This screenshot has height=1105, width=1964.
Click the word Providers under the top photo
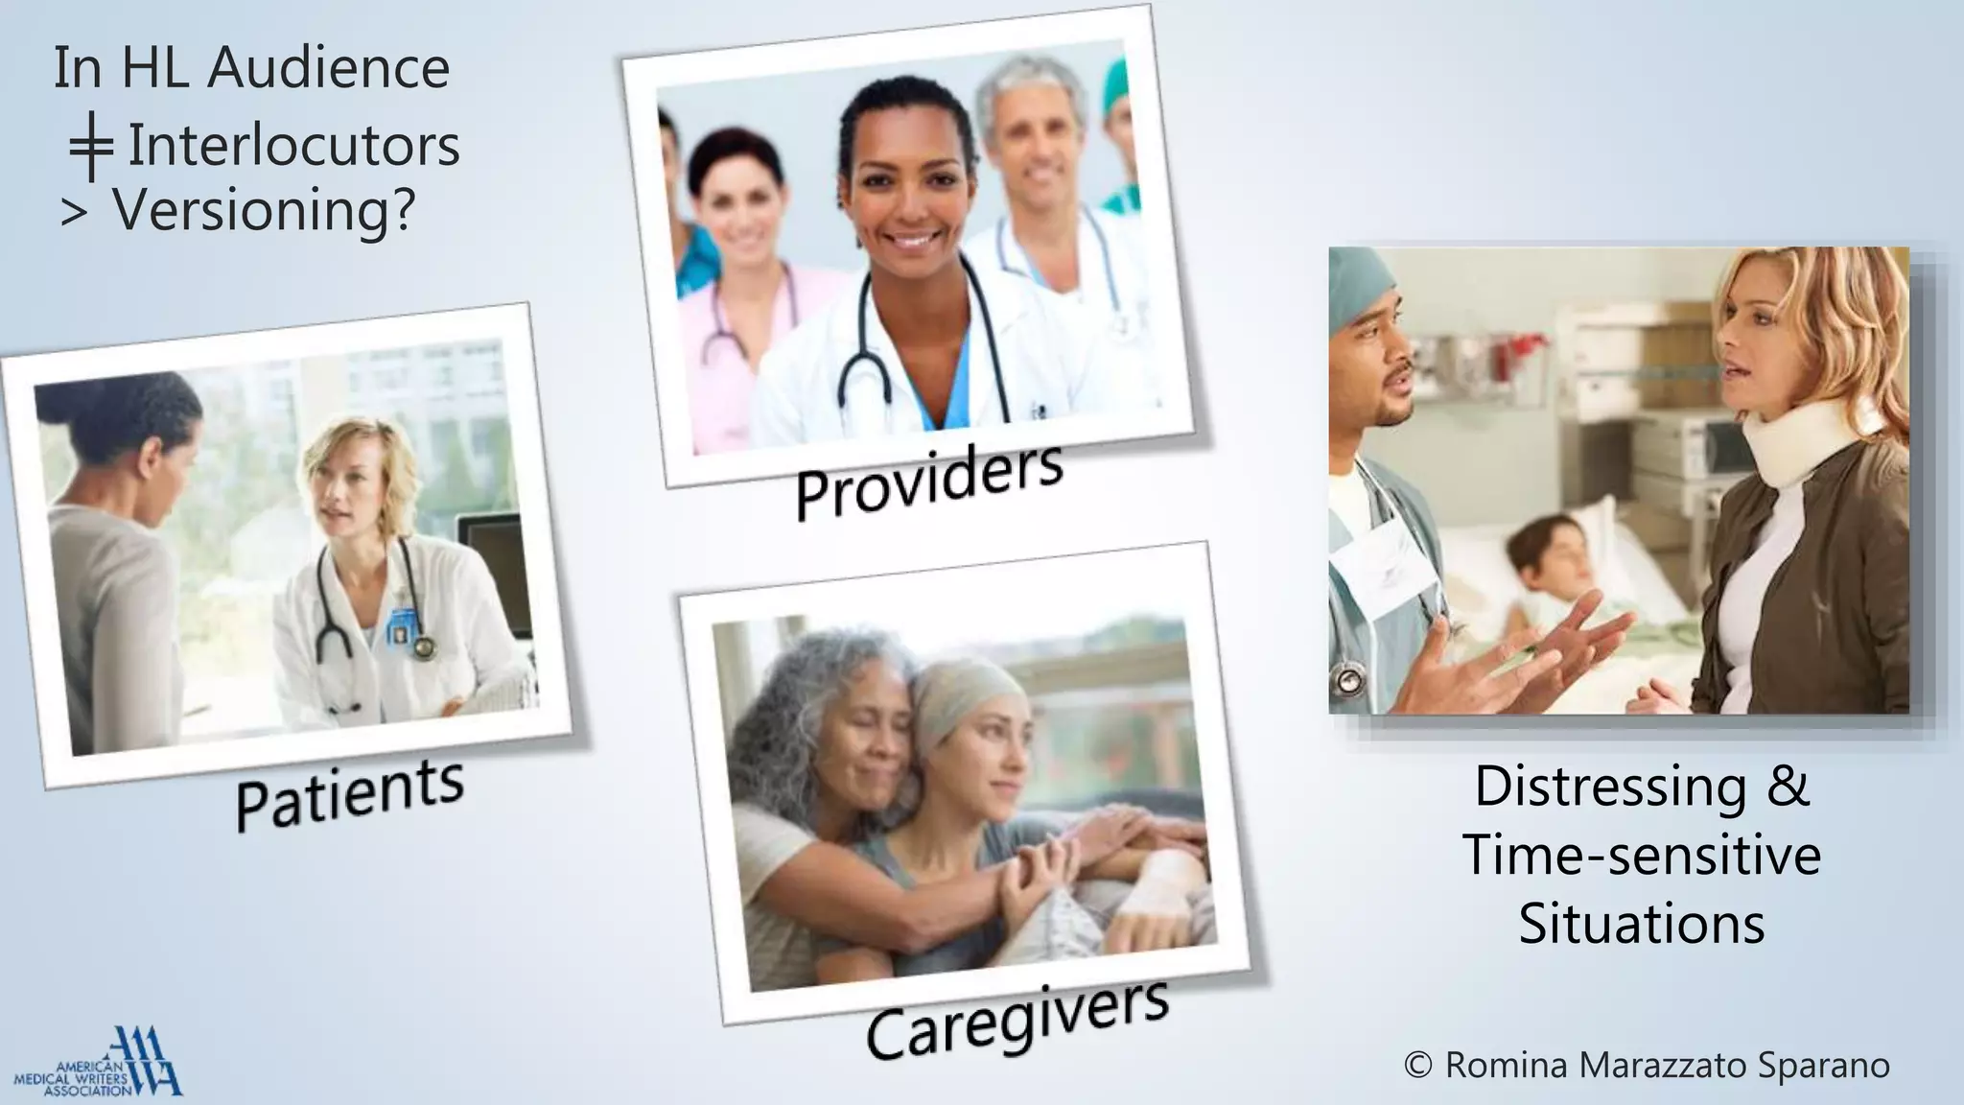pyautogui.click(x=928, y=482)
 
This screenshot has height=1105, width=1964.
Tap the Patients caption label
pyautogui.click(x=350, y=794)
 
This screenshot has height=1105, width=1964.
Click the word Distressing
pyautogui.click(x=1610, y=787)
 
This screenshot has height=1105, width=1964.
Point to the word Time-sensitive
pyautogui.click(x=1641, y=855)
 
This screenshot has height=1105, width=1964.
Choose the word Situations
pyautogui.click(x=1641, y=924)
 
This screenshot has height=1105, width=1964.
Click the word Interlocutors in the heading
pyautogui.click(x=293, y=146)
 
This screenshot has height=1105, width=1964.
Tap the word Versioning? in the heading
pyautogui.click(x=264, y=209)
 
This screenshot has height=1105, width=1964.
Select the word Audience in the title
pyautogui.click(x=329, y=68)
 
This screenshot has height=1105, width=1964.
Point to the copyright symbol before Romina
pyautogui.click(x=1418, y=1065)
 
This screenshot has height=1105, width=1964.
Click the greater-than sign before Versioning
pyautogui.click(x=74, y=213)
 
